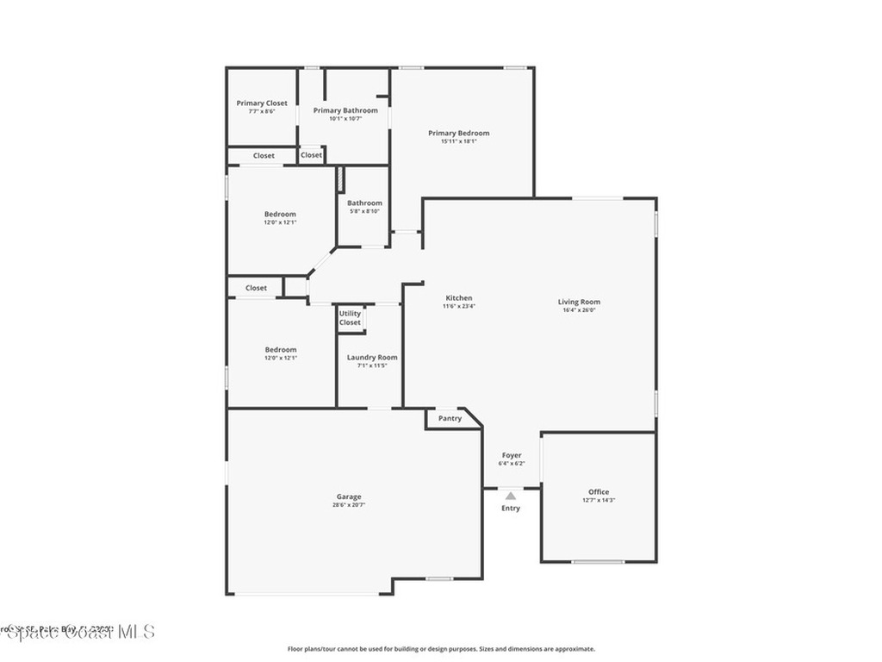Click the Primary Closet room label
click(x=262, y=103)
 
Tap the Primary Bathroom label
click(x=345, y=110)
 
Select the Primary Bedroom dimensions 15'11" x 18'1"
click(x=459, y=141)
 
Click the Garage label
click(x=349, y=496)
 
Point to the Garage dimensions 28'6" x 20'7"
click(x=349, y=505)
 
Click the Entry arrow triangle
click(x=511, y=496)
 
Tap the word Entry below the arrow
click(x=511, y=509)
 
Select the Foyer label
click(x=512, y=455)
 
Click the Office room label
click(x=599, y=492)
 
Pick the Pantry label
click(x=450, y=419)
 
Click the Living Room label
click(x=579, y=302)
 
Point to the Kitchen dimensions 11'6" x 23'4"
click(x=459, y=306)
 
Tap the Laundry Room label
click(x=372, y=357)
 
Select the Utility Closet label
click(x=350, y=318)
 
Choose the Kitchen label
click(x=458, y=298)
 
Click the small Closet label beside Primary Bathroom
click(x=311, y=155)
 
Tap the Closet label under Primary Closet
click(x=264, y=156)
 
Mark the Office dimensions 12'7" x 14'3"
click(x=599, y=500)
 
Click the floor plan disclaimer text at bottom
click(x=441, y=649)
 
